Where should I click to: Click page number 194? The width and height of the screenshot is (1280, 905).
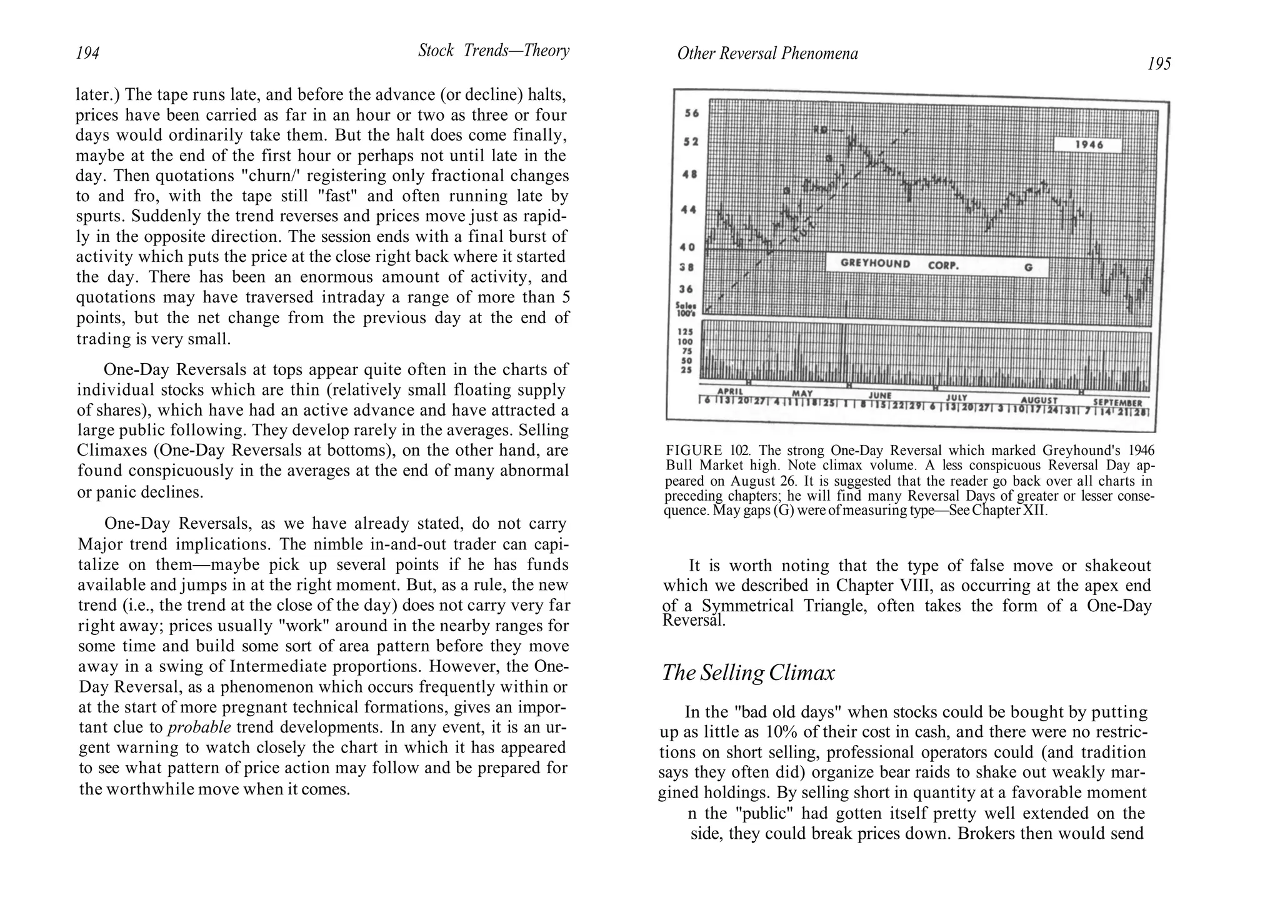click(x=87, y=54)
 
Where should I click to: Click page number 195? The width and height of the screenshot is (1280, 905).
click(x=1159, y=64)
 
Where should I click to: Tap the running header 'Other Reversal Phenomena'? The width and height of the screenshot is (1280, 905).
click(x=767, y=54)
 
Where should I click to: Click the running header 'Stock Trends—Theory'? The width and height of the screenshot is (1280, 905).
click(x=494, y=51)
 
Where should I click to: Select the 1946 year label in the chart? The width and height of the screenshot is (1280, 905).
click(x=1089, y=144)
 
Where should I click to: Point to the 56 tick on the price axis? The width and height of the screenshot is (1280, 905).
click(x=692, y=114)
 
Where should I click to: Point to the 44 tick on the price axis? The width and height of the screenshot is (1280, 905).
click(x=688, y=210)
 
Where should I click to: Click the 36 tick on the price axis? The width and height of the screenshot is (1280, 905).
click(x=686, y=289)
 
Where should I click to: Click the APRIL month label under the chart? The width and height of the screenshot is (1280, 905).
click(x=730, y=391)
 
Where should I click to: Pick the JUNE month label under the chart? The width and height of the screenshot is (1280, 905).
click(x=879, y=396)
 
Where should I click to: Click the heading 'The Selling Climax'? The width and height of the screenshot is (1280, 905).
click(x=748, y=673)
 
